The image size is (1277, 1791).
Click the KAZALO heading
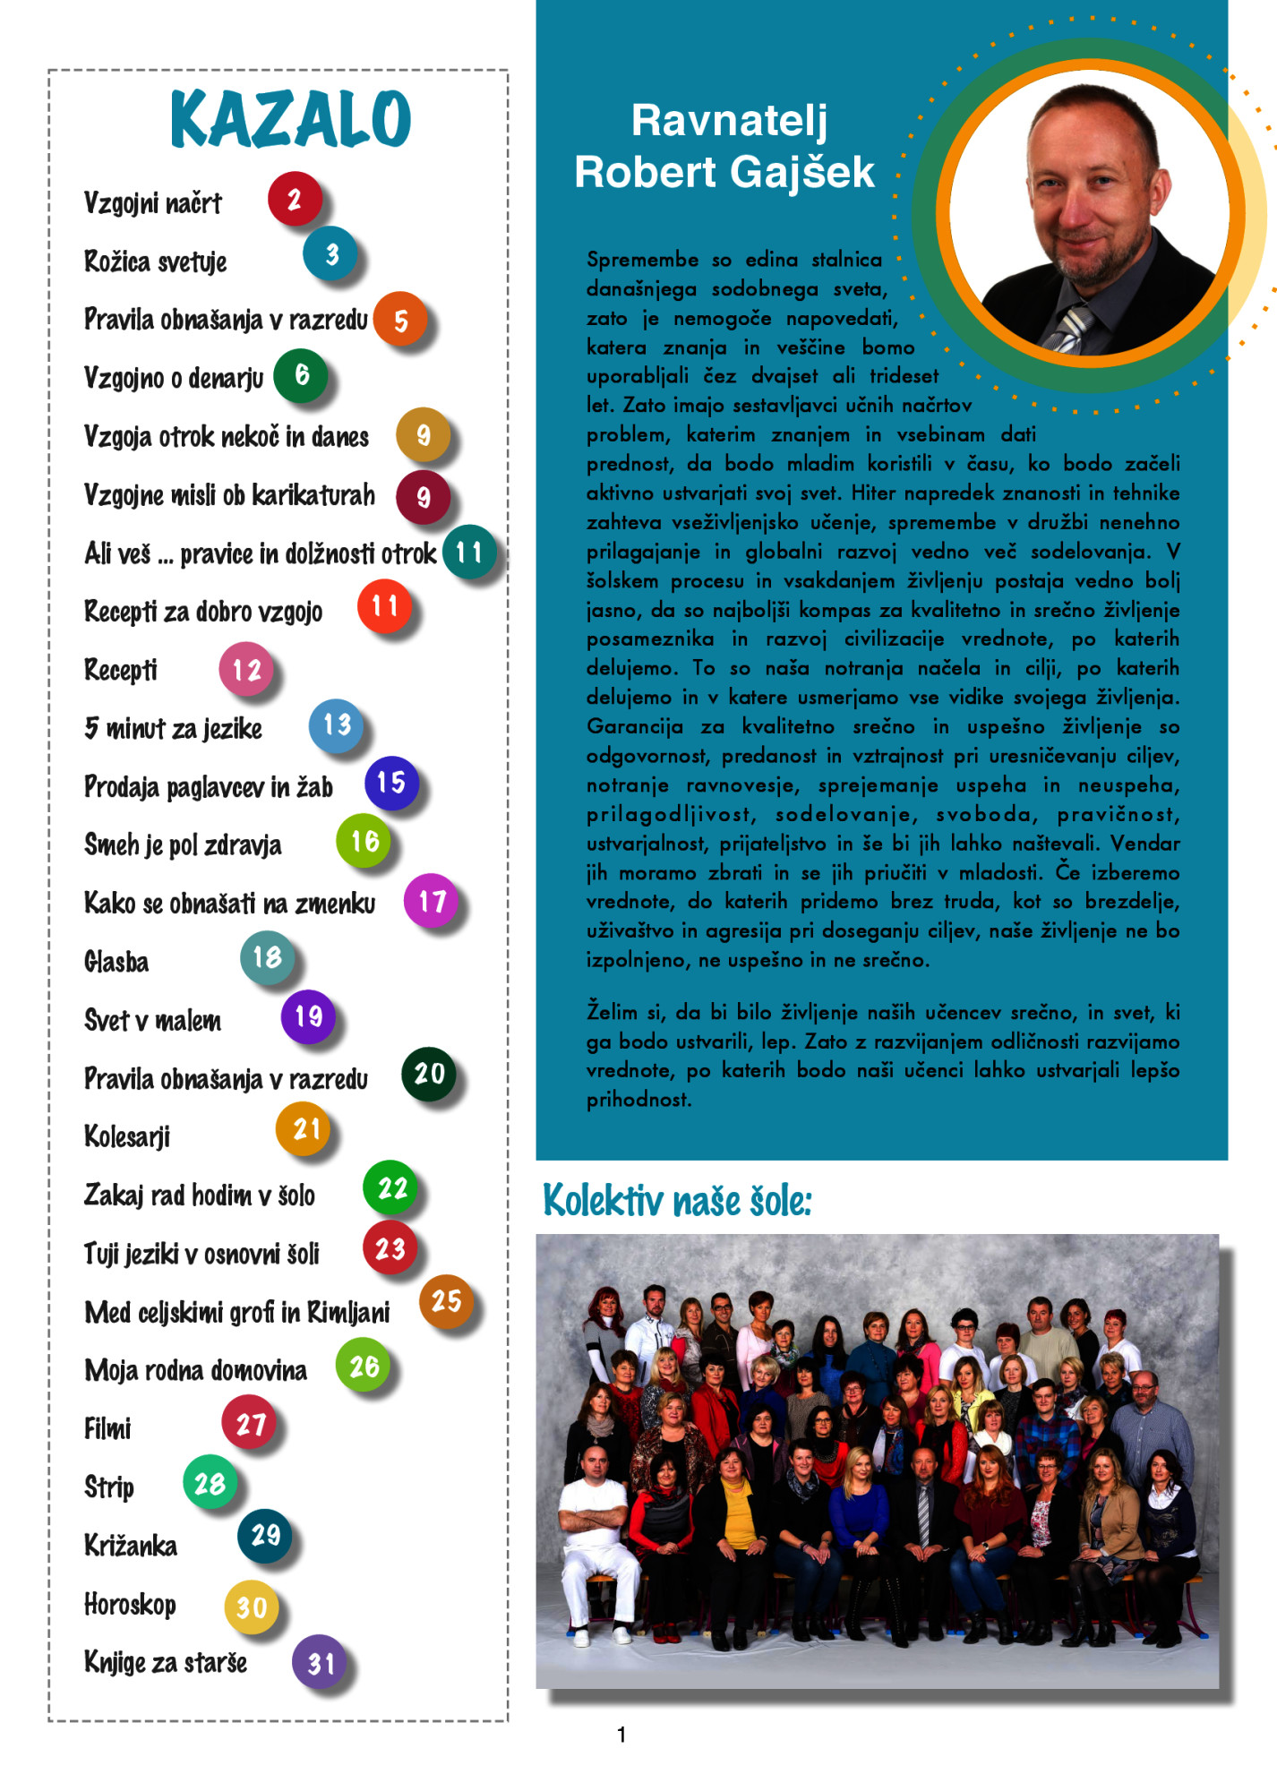click(290, 119)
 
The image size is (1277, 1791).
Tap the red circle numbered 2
click(294, 199)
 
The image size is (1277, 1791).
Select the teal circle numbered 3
click(330, 254)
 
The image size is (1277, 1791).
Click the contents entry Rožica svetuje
click(155, 261)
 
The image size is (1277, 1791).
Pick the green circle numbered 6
click(301, 374)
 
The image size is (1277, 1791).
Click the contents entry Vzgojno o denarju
click(174, 378)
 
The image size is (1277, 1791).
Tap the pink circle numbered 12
click(246, 669)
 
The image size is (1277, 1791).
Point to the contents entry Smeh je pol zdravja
click(183, 844)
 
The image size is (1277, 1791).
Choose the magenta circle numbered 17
click(432, 900)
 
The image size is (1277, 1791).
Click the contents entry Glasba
click(116, 962)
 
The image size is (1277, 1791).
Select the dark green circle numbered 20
click(429, 1073)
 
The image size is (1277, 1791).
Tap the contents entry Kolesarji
click(127, 1136)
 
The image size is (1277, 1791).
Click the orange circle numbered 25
click(446, 1300)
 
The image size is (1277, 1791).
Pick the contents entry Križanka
click(131, 1546)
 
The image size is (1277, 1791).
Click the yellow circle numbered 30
click(251, 1607)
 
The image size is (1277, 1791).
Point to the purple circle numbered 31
click(320, 1662)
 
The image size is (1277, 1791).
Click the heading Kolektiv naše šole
click(677, 1201)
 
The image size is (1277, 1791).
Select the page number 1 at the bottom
click(621, 1735)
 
